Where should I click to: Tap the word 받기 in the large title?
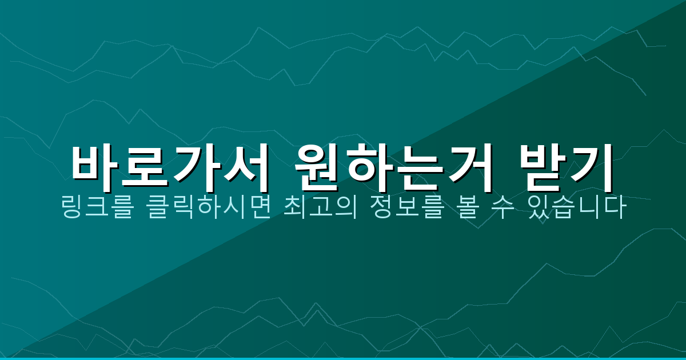[566, 169]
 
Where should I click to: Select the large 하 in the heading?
[369, 169]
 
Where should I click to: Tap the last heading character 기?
[592, 169]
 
